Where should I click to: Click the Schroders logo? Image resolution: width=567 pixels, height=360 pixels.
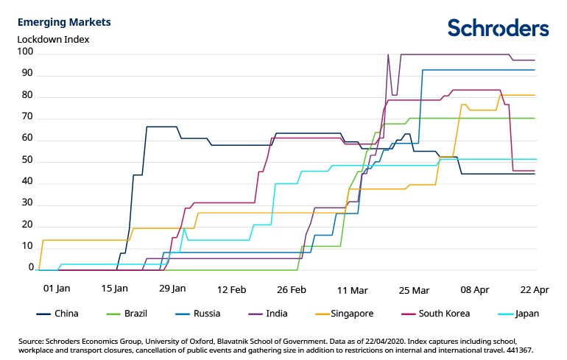(498, 28)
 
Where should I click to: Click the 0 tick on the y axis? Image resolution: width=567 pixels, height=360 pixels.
(29, 269)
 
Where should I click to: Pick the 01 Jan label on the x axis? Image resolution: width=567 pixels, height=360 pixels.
(57, 289)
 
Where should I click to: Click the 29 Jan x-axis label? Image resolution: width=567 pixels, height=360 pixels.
(172, 289)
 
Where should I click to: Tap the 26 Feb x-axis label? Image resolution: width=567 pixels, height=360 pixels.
(287, 289)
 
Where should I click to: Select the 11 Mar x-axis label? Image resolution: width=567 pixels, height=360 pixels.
(353, 289)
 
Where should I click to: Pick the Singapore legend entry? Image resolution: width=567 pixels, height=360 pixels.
(352, 314)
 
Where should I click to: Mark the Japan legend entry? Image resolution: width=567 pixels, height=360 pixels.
(526, 314)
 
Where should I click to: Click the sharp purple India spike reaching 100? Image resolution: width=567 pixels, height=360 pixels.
(388, 54)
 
